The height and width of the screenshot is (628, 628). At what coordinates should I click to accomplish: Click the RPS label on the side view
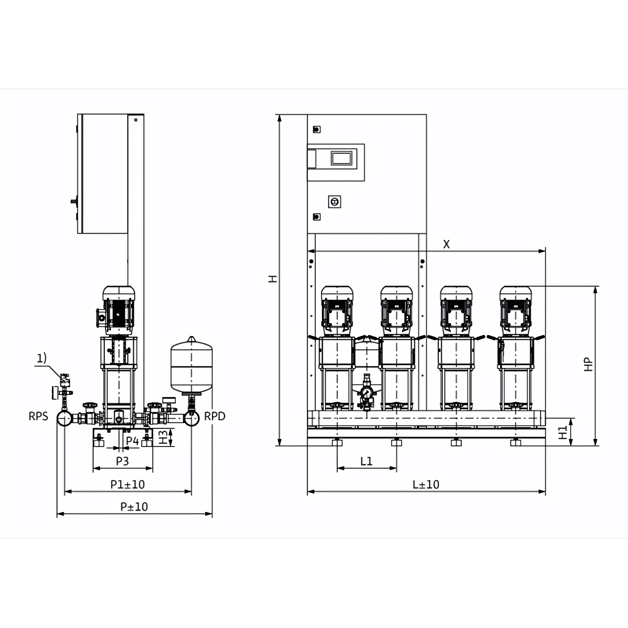point(38,416)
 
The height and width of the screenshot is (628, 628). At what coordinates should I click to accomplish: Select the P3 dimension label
point(123,461)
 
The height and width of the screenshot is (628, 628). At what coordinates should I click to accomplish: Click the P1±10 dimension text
point(127,484)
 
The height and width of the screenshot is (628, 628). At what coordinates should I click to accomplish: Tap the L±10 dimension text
point(426,484)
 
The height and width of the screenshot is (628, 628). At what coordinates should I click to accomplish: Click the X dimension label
point(446,244)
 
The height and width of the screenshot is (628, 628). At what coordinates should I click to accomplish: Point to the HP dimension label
point(588,364)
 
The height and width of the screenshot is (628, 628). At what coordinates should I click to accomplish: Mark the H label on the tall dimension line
point(273,279)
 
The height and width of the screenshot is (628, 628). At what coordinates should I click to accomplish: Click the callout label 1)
point(41,358)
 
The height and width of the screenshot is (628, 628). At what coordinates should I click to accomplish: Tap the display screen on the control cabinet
point(341,158)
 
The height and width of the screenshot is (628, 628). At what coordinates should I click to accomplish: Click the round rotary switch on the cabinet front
point(335,202)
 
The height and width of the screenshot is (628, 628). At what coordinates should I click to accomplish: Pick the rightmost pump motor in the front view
point(516,310)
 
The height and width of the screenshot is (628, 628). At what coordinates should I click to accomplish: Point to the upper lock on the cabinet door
point(317,129)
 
